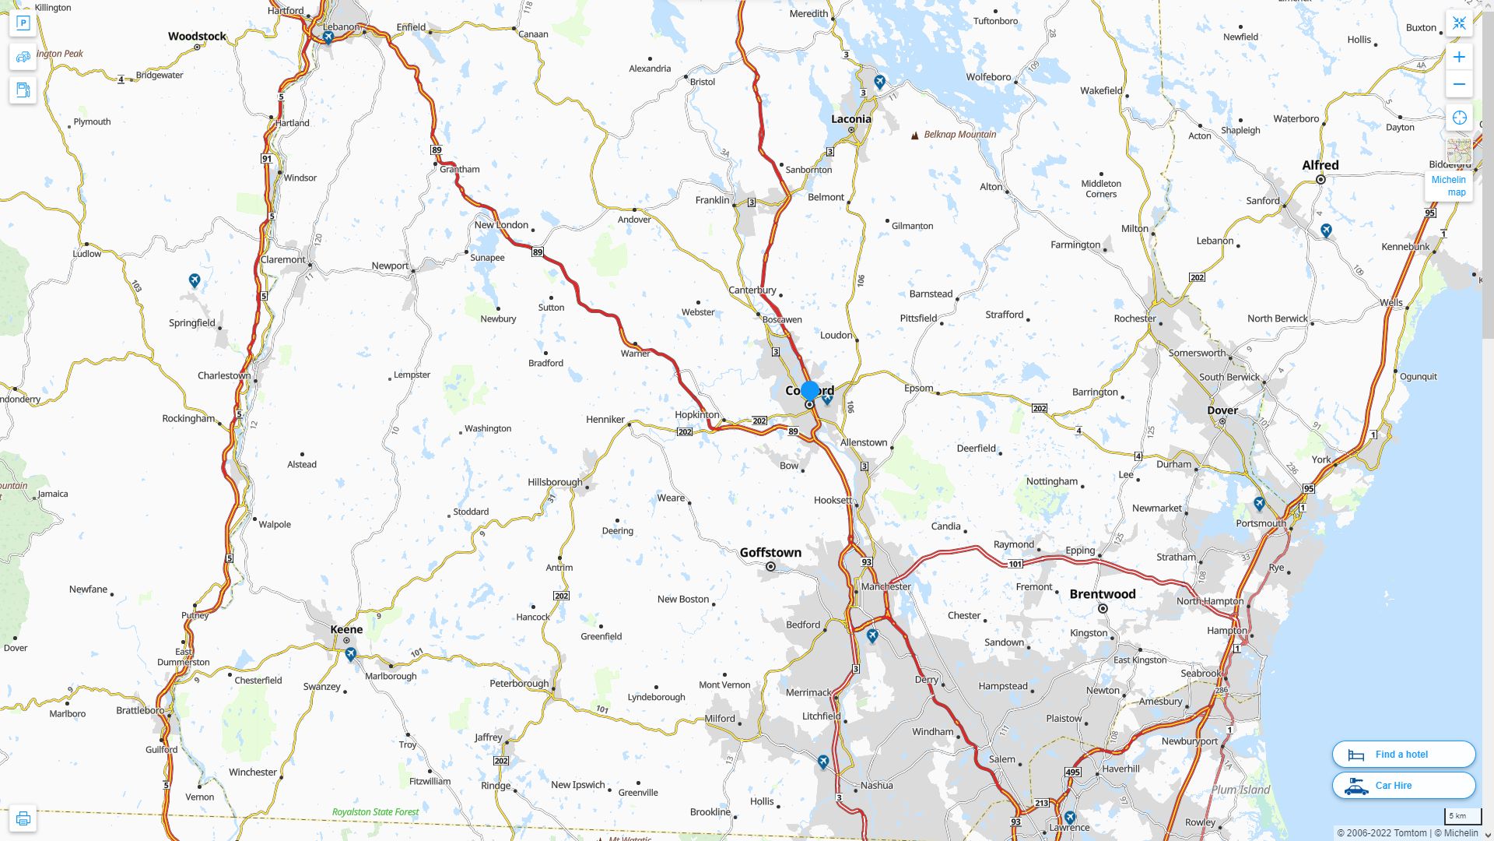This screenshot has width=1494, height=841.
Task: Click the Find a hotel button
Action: coord(1403,754)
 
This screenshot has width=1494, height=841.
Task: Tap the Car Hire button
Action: coord(1403,785)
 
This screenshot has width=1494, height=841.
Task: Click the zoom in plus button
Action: coord(1459,57)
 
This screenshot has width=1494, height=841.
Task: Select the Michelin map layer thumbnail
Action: coord(1458,151)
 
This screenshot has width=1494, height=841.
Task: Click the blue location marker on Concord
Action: coord(810,391)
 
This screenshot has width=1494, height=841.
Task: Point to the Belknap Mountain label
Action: coord(959,135)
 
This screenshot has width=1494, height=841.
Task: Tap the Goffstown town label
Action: coord(770,552)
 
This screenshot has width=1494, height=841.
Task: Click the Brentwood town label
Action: coord(1102,594)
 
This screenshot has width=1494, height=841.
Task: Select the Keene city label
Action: coord(346,629)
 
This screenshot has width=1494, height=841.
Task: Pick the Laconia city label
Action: coord(850,119)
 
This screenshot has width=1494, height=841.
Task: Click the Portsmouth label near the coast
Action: coord(1261,523)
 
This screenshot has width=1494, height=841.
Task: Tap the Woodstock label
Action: coord(197,37)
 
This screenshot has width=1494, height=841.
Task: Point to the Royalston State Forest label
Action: coord(375,812)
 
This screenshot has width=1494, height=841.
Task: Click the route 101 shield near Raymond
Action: coord(1015,564)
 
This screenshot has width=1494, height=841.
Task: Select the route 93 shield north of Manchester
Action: coord(867,561)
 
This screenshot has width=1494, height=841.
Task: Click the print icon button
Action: coord(23,818)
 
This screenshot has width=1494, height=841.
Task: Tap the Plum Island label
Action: coord(1240,790)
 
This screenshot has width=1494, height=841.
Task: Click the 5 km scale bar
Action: coord(1462,816)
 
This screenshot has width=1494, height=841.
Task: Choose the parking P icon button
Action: coord(23,23)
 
